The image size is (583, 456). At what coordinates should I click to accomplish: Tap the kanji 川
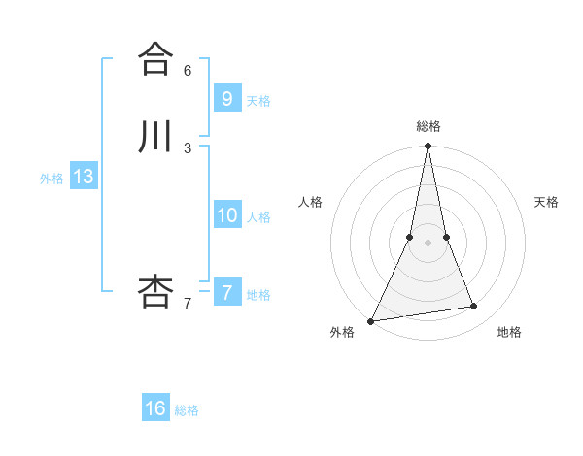tap(154, 137)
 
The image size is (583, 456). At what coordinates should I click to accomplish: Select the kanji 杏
tap(154, 291)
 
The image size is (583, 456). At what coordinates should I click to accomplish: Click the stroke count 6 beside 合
tap(188, 70)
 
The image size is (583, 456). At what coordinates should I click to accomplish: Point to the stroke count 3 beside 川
tap(188, 148)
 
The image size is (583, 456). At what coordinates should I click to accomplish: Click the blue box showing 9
tap(226, 98)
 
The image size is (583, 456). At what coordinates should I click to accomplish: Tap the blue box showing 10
tap(226, 214)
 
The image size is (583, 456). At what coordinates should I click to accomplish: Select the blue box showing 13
tap(83, 177)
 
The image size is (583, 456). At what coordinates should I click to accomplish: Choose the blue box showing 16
tap(155, 408)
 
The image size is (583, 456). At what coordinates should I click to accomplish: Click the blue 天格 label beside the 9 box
tap(258, 101)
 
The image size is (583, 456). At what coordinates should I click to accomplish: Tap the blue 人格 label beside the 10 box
tap(258, 217)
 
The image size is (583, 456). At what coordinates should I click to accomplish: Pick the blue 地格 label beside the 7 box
tap(258, 295)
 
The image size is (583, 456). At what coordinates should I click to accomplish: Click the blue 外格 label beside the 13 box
tap(51, 179)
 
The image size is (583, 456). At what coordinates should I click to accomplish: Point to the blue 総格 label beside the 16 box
tap(187, 411)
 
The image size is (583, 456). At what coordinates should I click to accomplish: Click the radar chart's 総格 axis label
tap(428, 126)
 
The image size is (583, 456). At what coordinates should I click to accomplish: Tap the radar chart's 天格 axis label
tap(546, 202)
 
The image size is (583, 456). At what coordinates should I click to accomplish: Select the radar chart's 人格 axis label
tap(310, 202)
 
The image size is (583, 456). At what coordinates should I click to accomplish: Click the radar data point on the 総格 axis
tap(428, 147)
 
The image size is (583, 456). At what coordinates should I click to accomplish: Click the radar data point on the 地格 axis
tap(474, 307)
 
